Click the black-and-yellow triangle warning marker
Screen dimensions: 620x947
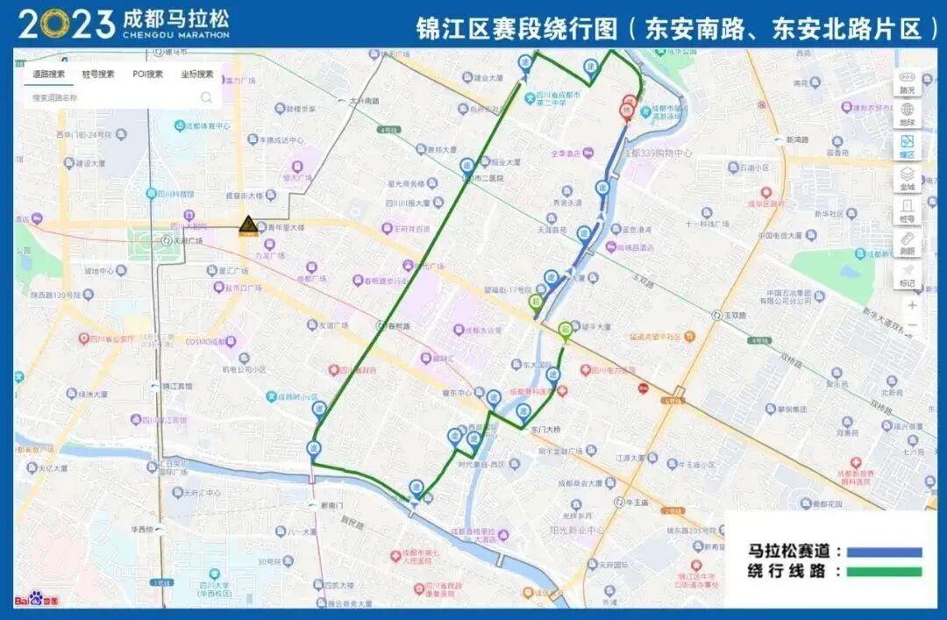point(248,225)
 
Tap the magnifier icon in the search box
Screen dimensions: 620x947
point(206,97)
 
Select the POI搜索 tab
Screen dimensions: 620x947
point(147,74)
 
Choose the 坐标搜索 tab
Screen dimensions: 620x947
point(196,74)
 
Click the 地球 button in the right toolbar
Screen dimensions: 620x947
point(907,114)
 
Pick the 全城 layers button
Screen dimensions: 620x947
point(907,179)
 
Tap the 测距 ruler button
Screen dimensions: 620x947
point(907,243)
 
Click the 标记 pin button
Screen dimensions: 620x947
point(907,275)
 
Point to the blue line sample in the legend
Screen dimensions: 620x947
point(881,552)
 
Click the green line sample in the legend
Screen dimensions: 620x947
point(881,572)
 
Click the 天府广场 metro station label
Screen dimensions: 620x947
point(186,240)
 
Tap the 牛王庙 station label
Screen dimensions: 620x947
point(636,503)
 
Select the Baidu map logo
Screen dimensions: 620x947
point(37,600)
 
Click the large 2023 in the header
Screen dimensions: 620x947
point(66,25)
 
